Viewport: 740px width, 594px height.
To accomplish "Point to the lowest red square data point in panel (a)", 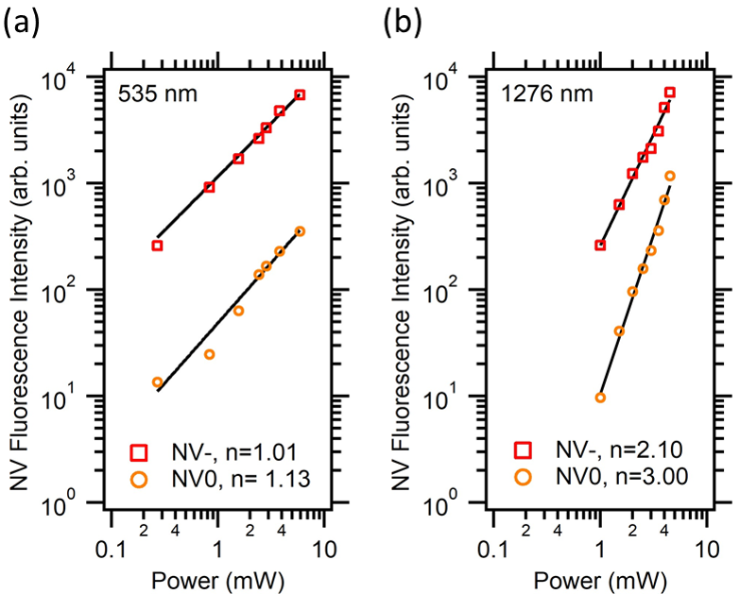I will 158,246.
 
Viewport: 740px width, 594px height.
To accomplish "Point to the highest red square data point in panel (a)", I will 300,94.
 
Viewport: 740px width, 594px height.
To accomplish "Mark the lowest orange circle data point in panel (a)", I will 158,382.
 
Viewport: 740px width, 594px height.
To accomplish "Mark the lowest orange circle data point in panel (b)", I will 600,398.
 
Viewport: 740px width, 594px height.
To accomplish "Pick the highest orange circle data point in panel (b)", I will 670,176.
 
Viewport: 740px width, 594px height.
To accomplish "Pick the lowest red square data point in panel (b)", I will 600,246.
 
